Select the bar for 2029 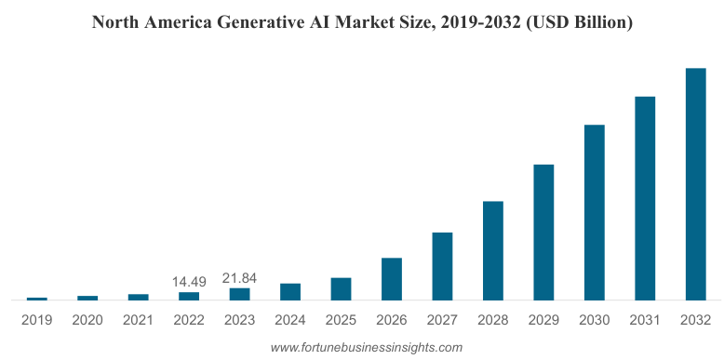543,232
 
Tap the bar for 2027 442,266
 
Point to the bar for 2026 392,279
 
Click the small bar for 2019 37,299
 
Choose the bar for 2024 290,291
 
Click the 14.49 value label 189,281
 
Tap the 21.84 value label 240,277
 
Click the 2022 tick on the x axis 189,320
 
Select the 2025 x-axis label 341,320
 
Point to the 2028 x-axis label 493,320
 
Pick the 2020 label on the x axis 87,320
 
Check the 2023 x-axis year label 240,320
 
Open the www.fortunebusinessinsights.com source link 366,347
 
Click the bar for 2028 493,250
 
